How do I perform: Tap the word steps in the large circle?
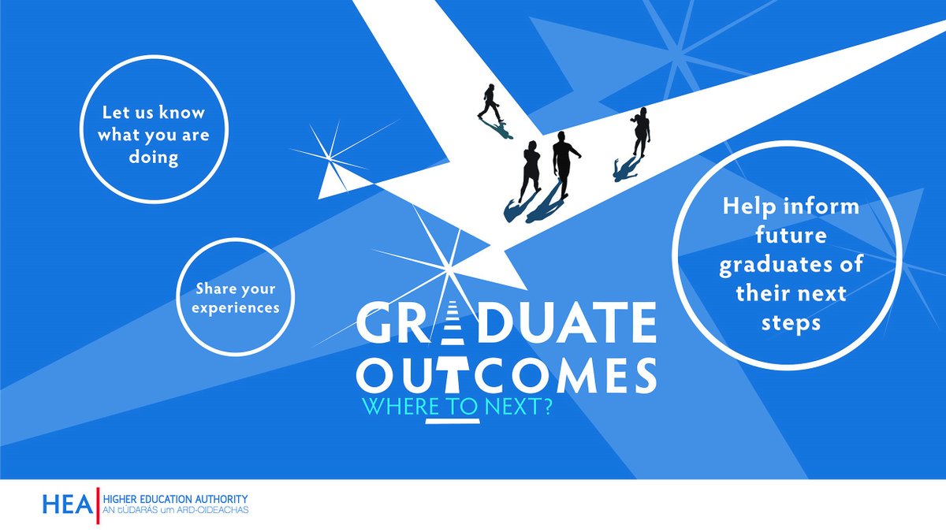click(791, 322)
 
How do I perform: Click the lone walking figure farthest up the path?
click(490, 102)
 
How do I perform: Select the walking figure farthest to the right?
click(640, 132)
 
